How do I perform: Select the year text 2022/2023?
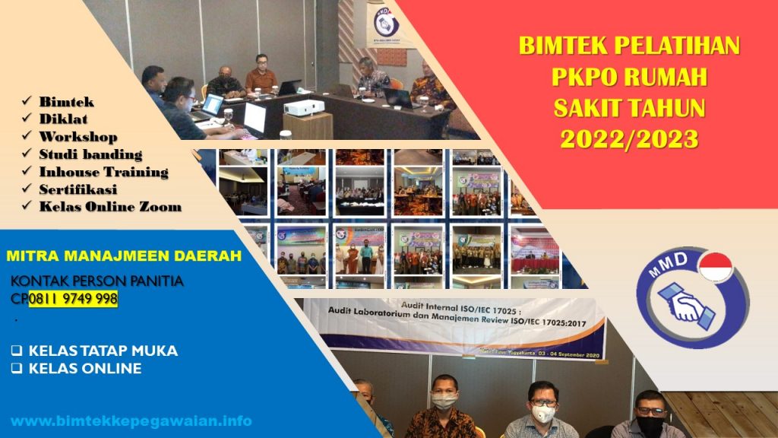(629, 138)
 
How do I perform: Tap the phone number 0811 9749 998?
(74, 299)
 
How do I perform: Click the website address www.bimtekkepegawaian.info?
(131, 421)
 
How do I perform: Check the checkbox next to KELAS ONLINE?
(17, 369)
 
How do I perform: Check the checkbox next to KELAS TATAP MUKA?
(17, 351)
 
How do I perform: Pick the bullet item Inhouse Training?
(103, 172)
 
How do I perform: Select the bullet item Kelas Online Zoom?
(110, 206)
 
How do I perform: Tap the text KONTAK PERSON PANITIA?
(97, 282)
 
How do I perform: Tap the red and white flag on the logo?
(715, 267)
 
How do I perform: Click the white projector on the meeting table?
(304, 106)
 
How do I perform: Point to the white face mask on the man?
(543, 413)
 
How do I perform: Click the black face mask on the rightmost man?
(649, 424)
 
